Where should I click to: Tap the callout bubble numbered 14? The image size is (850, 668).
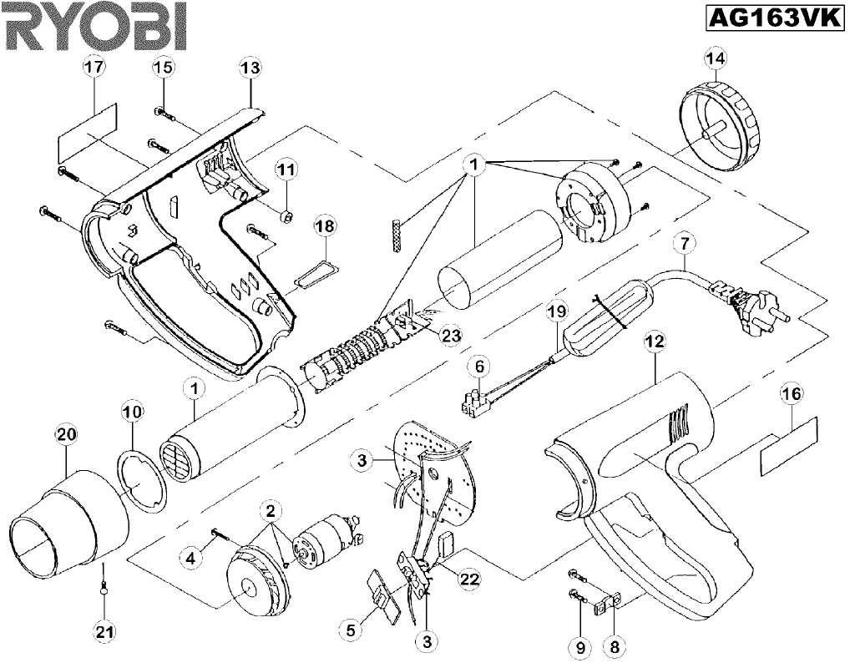716,58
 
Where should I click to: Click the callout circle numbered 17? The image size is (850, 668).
93,67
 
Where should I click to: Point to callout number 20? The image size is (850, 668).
66,433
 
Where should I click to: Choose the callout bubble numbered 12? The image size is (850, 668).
655,341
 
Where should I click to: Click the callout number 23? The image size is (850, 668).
451,334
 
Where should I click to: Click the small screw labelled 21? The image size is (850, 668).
104,590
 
